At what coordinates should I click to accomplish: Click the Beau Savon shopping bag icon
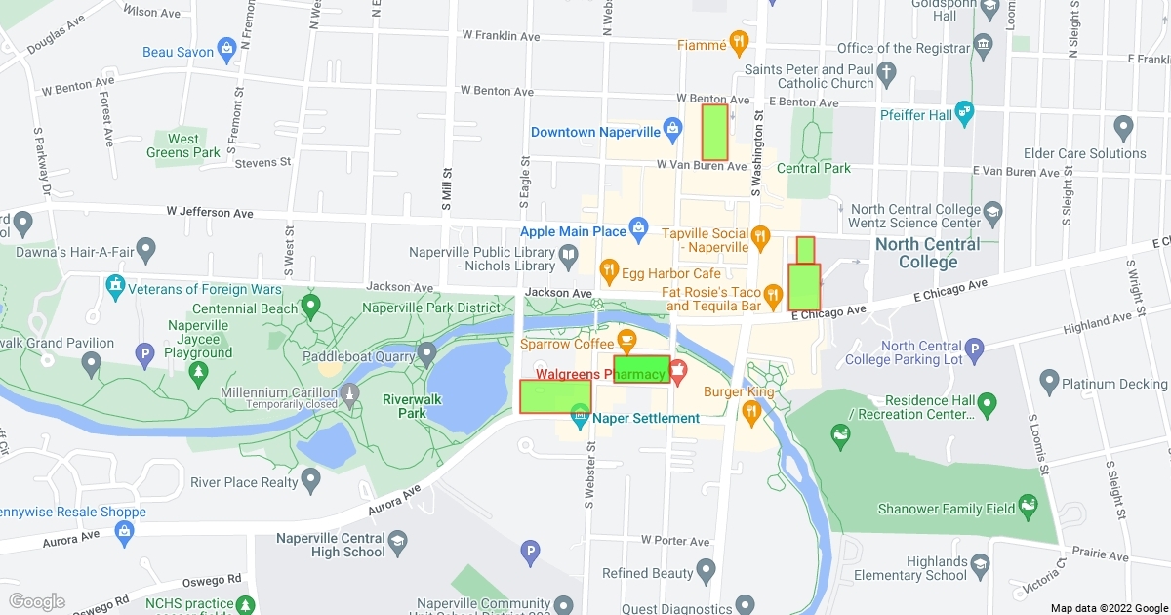coord(226,47)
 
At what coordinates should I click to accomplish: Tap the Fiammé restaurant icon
coord(739,42)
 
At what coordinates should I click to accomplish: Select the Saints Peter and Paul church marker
coord(886,72)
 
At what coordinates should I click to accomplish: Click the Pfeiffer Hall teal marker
coord(964,110)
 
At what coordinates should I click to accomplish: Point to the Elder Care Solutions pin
coord(1122,127)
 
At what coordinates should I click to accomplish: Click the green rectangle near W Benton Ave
coord(714,133)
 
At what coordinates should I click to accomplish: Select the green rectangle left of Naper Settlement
coord(555,396)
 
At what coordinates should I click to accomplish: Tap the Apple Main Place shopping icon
coord(638,229)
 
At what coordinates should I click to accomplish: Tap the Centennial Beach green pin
coord(311,306)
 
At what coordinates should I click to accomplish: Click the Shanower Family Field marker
coord(1026,505)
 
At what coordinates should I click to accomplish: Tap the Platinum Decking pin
coord(1049,380)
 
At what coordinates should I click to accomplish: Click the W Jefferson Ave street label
coord(209,212)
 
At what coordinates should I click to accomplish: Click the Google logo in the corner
coord(37,601)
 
